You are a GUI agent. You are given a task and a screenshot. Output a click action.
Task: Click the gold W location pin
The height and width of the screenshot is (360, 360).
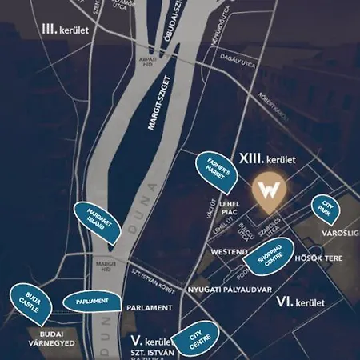click(268, 190)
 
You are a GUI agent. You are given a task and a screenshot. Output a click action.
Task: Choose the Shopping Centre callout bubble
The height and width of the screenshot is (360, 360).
click(270, 258)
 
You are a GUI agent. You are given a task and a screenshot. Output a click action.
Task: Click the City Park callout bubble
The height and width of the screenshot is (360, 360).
click(326, 208)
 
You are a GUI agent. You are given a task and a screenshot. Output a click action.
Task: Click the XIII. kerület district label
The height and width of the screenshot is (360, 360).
click(268, 159)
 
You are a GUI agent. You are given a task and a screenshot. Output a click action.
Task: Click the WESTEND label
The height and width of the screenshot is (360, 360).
click(228, 252)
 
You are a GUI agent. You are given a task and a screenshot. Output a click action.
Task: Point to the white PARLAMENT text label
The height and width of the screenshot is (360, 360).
click(149, 307)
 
